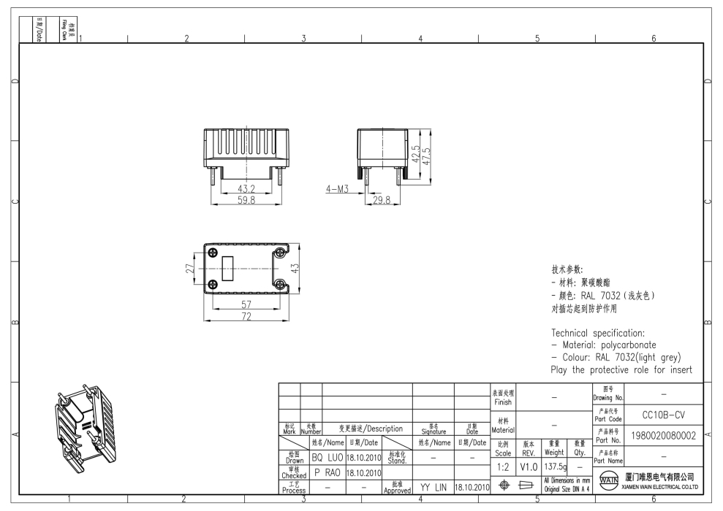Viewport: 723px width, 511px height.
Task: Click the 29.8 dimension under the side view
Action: (x=382, y=200)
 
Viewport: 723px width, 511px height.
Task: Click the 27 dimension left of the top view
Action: (x=189, y=268)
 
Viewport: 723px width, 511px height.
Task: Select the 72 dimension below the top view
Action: (x=247, y=315)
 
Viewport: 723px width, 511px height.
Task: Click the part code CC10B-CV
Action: (x=662, y=415)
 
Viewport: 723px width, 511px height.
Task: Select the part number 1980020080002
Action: (x=662, y=437)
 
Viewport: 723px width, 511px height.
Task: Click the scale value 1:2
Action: (x=502, y=465)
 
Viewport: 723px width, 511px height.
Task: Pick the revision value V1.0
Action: (x=528, y=465)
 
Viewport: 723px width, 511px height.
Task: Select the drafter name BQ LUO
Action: (x=328, y=458)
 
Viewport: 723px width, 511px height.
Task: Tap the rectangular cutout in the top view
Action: (x=228, y=268)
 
